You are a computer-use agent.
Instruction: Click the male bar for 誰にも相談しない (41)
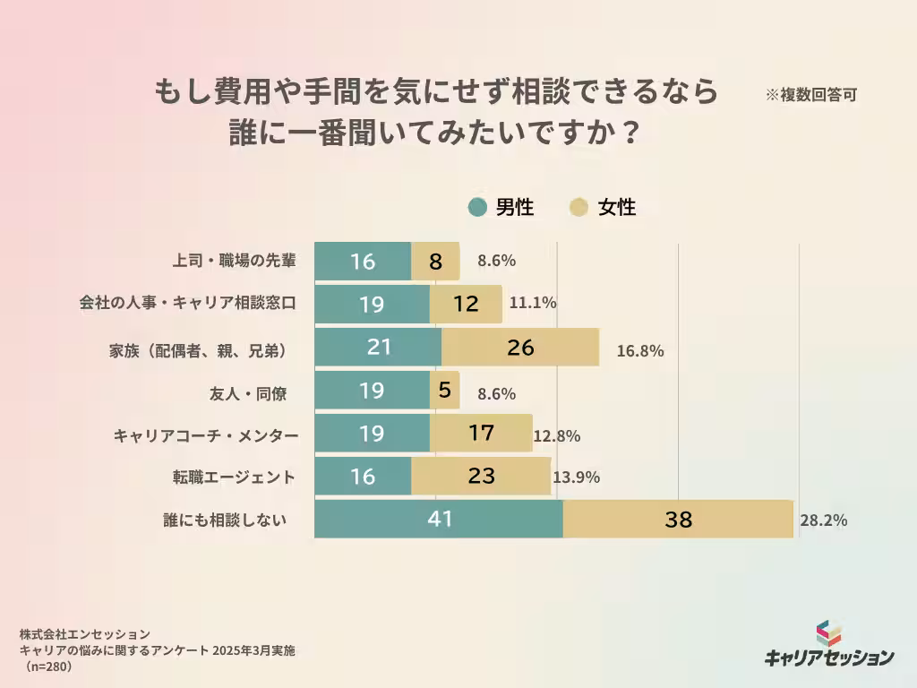tap(439, 520)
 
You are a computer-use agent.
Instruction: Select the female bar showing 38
tap(678, 520)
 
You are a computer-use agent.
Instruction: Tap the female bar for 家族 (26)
tap(520, 347)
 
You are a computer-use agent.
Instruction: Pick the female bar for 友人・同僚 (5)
tap(445, 391)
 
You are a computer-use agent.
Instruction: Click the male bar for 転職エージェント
tap(363, 477)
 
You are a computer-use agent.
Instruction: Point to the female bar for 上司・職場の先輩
tap(435, 262)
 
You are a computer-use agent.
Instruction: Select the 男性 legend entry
tap(501, 208)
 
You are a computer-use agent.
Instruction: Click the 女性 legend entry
tap(604, 208)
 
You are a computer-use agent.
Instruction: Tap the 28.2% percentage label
tap(824, 520)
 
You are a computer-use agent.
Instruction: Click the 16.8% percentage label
tap(640, 351)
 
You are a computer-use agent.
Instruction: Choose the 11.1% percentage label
tap(533, 303)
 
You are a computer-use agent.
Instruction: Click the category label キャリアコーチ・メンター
tap(205, 436)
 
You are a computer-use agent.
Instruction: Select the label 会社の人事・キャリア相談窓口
tap(187, 303)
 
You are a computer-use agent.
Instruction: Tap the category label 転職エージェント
tap(234, 477)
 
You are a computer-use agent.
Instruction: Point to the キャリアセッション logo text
tap(829, 657)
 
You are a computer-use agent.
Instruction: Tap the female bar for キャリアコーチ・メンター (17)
tap(481, 434)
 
